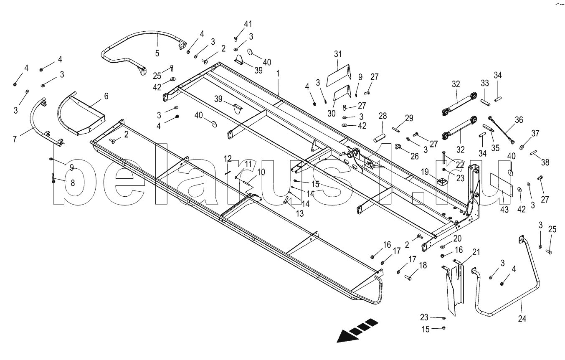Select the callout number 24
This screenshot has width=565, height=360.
tap(522, 319)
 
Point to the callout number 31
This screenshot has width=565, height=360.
tap(338, 54)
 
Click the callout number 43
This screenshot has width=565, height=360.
tap(504, 210)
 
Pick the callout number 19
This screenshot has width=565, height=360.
tap(425, 172)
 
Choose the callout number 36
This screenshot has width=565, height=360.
tap(519, 120)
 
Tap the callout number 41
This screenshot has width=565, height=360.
tap(236, 24)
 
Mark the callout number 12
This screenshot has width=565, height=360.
tap(228, 158)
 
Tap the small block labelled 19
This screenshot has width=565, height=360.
tap(441, 182)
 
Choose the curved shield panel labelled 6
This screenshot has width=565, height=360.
tap(84, 113)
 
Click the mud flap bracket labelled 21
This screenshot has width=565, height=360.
tap(453, 284)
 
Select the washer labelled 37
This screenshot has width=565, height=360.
tap(522, 147)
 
